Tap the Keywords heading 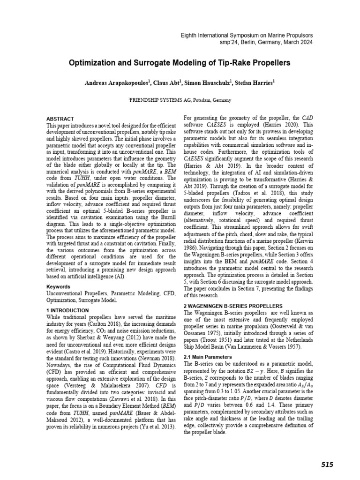tap(58, 286)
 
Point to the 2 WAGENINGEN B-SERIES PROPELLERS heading tap(232, 305)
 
